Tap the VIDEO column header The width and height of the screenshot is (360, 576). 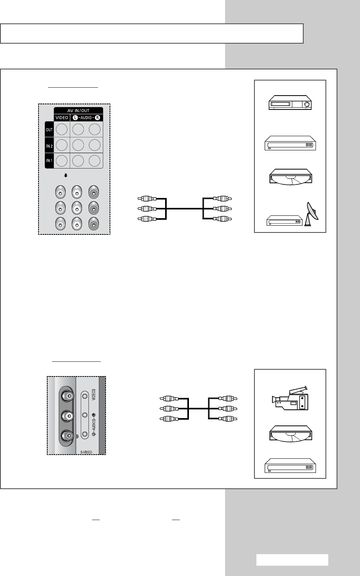(61, 117)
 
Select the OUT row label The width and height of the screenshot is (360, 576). (48, 129)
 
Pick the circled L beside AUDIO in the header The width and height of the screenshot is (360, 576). (77, 117)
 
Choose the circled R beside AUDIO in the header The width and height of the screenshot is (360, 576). (97, 117)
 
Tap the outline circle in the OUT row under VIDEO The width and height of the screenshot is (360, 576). (61, 129)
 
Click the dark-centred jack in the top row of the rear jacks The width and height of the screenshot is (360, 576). (93, 193)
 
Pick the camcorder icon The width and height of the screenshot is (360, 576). (289, 399)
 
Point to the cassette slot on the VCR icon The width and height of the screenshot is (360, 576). (281, 105)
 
